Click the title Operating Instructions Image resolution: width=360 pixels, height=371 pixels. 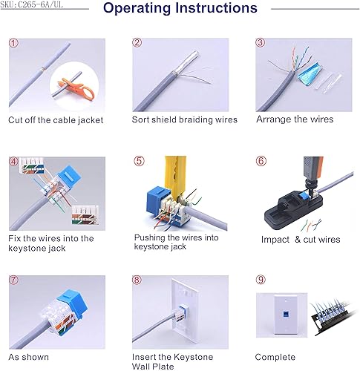[180, 9]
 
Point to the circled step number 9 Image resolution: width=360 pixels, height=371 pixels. [261, 280]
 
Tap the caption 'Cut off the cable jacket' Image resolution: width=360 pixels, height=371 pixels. [56, 119]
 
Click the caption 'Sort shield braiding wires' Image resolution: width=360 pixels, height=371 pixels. [184, 119]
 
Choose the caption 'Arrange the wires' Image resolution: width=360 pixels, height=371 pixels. [295, 119]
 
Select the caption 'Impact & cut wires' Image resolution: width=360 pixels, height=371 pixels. [300, 240]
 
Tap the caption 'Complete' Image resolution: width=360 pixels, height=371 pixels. [275, 357]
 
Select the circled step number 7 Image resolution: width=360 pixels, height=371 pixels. [14, 280]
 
